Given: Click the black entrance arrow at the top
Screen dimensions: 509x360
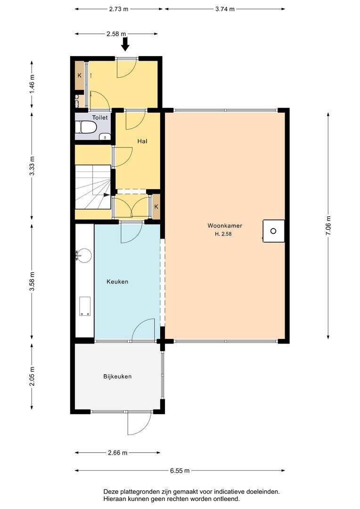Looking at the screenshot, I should pos(125,44).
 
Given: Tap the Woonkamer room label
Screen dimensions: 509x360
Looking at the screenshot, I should pos(224,225).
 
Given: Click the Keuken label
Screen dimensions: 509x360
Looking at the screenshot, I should pos(117,282).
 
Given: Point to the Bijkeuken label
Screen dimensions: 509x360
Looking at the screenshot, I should pos(117,377).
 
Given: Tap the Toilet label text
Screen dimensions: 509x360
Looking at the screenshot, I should pos(100,118).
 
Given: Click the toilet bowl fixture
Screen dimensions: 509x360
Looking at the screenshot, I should pos(87,127).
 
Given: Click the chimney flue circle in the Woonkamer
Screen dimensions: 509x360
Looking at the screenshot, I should pos(273,231).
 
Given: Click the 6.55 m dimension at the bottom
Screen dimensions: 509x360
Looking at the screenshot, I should pos(180,470).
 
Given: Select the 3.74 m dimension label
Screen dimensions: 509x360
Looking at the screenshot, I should pos(225,8).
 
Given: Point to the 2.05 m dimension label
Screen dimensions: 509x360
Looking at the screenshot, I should pos(32,377).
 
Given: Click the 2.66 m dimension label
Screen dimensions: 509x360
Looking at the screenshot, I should pos(117,453).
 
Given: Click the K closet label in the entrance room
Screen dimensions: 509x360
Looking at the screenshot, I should pos(80,75).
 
